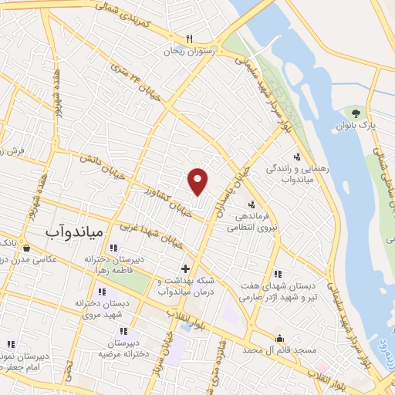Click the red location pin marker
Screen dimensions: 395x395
point(198,181)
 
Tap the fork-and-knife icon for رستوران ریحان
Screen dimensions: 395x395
point(190,39)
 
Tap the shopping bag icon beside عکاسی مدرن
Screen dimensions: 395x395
point(28,248)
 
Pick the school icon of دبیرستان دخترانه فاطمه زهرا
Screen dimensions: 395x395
point(114,248)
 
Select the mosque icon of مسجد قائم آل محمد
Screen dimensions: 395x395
point(279,337)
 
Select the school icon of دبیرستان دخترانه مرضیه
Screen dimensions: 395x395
point(123,331)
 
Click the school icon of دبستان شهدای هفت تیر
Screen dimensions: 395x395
point(277,273)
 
